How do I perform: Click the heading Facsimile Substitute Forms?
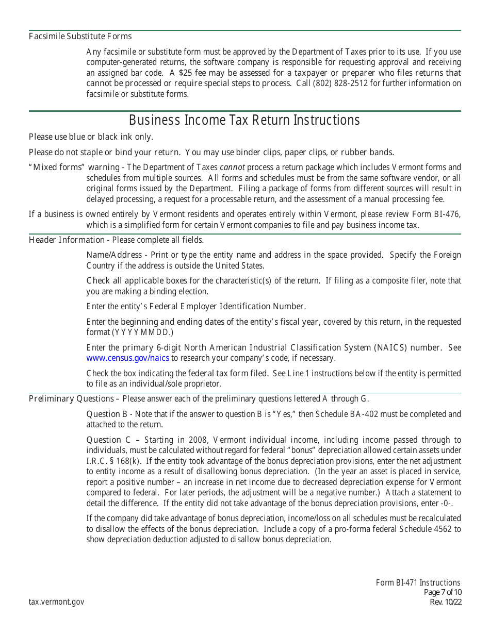(80, 36)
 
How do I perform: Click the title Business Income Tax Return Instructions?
(244, 120)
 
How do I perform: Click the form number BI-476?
(447, 214)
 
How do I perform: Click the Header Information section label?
(66, 240)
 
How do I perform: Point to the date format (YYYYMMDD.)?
(143, 332)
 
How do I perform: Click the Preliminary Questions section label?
(71, 398)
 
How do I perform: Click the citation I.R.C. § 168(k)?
(112, 461)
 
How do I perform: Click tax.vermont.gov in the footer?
(56, 602)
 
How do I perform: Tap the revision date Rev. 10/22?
(446, 602)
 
